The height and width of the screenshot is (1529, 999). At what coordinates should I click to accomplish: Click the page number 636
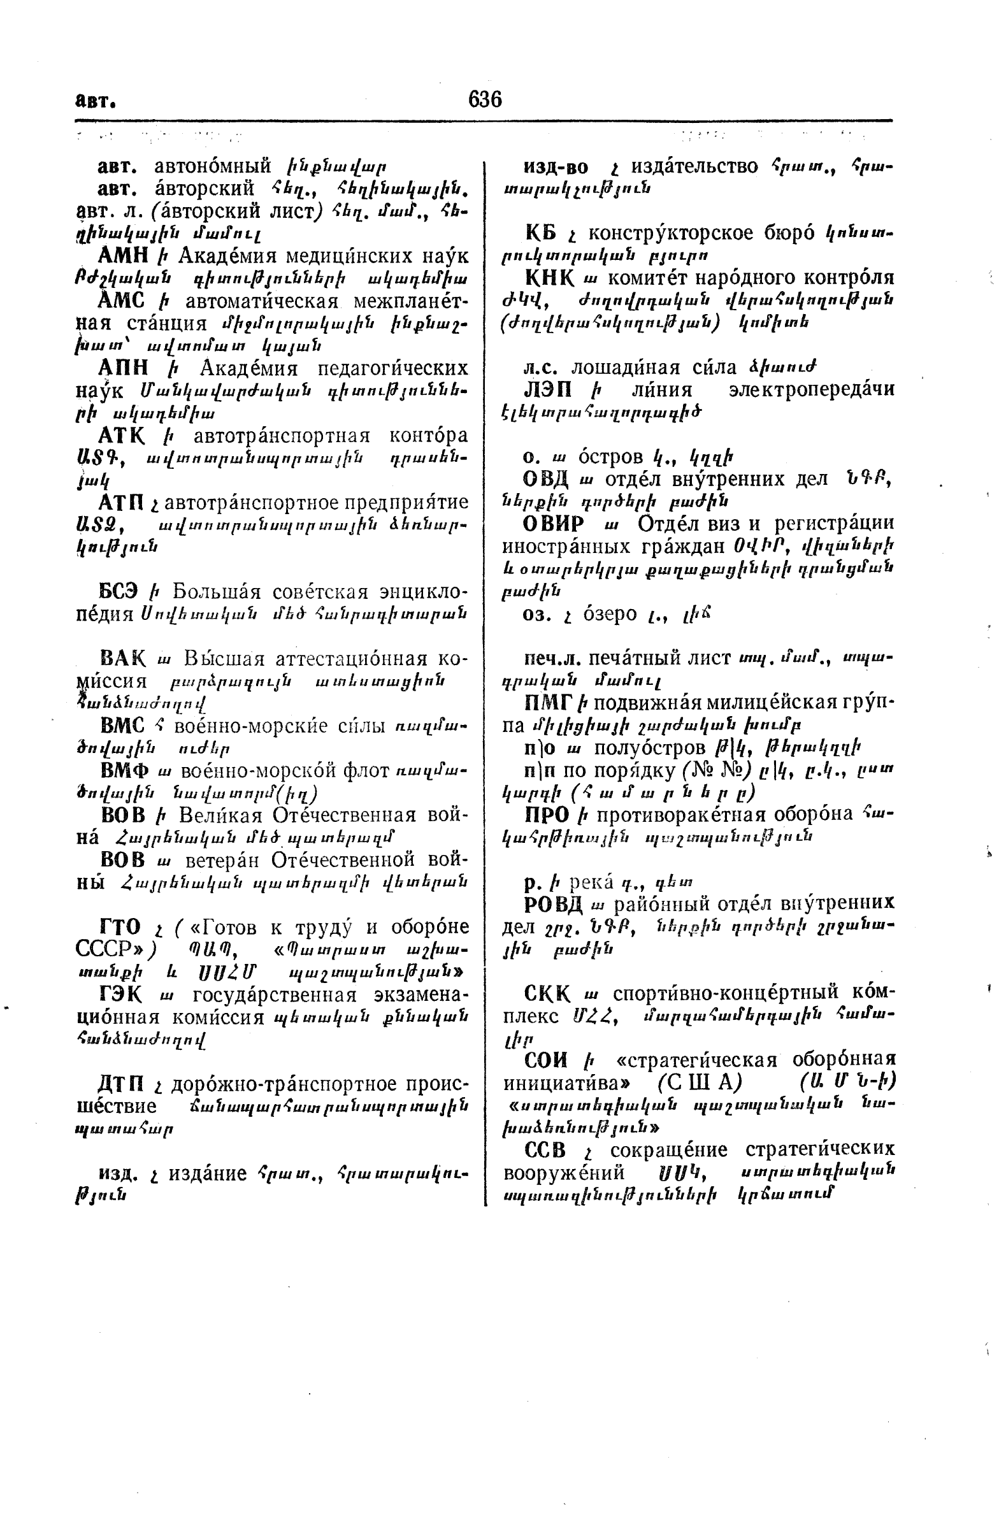click(x=485, y=99)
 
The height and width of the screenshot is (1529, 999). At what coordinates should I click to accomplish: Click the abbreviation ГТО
click(x=120, y=927)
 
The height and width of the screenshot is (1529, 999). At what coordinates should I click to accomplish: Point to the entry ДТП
click(x=121, y=1084)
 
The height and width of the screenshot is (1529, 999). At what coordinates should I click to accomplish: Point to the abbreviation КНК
click(x=548, y=278)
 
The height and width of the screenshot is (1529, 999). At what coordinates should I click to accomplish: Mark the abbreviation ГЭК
click(x=120, y=995)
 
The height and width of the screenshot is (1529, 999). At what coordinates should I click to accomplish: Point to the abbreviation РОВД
click(x=554, y=905)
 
